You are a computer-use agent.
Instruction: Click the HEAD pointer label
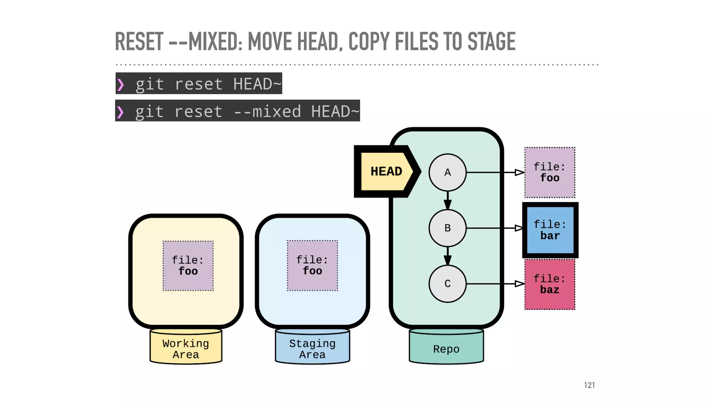coord(386,172)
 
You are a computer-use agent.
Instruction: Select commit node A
coord(447,172)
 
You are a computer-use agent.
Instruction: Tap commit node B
coord(447,228)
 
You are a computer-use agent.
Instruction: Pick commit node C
coord(447,284)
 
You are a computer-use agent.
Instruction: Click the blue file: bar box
coord(550,230)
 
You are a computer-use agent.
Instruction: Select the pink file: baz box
coord(550,284)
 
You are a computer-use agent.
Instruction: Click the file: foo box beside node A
coord(550,172)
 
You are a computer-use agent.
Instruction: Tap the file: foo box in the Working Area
coord(188,266)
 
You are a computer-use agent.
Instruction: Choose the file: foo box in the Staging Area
coord(312,265)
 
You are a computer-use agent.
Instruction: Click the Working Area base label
coord(186,349)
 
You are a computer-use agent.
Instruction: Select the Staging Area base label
coord(312,349)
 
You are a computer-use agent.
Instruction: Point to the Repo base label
coord(446,349)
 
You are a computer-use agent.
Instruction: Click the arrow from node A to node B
coord(447,200)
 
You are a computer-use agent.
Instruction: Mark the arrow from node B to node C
coord(447,256)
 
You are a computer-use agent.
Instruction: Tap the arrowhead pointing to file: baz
coord(519,284)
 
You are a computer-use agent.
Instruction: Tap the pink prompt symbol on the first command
coord(121,84)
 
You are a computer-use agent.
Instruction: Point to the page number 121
coord(589,385)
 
